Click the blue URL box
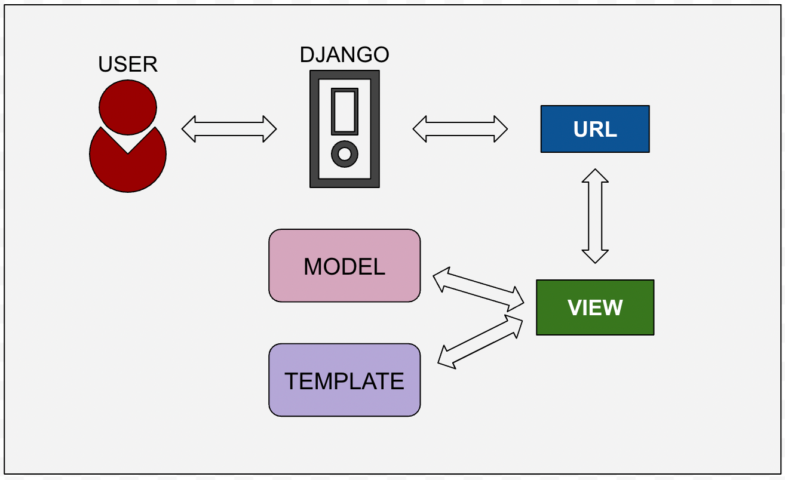point(594,129)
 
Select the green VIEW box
point(595,307)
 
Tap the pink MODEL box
point(345,266)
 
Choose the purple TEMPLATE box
point(345,380)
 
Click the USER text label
point(128,64)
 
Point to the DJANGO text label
point(345,54)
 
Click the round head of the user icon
point(128,107)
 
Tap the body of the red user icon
point(128,170)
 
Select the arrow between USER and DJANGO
point(229,129)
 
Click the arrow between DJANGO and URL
point(460,129)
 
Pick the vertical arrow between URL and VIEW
point(595,216)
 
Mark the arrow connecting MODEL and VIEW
point(478,289)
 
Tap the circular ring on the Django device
point(345,154)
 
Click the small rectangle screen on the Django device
point(345,111)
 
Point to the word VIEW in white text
point(595,307)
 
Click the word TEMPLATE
point(345,381)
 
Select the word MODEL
point(345,266)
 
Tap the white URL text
point(595,130)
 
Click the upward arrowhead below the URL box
point(595,177)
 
